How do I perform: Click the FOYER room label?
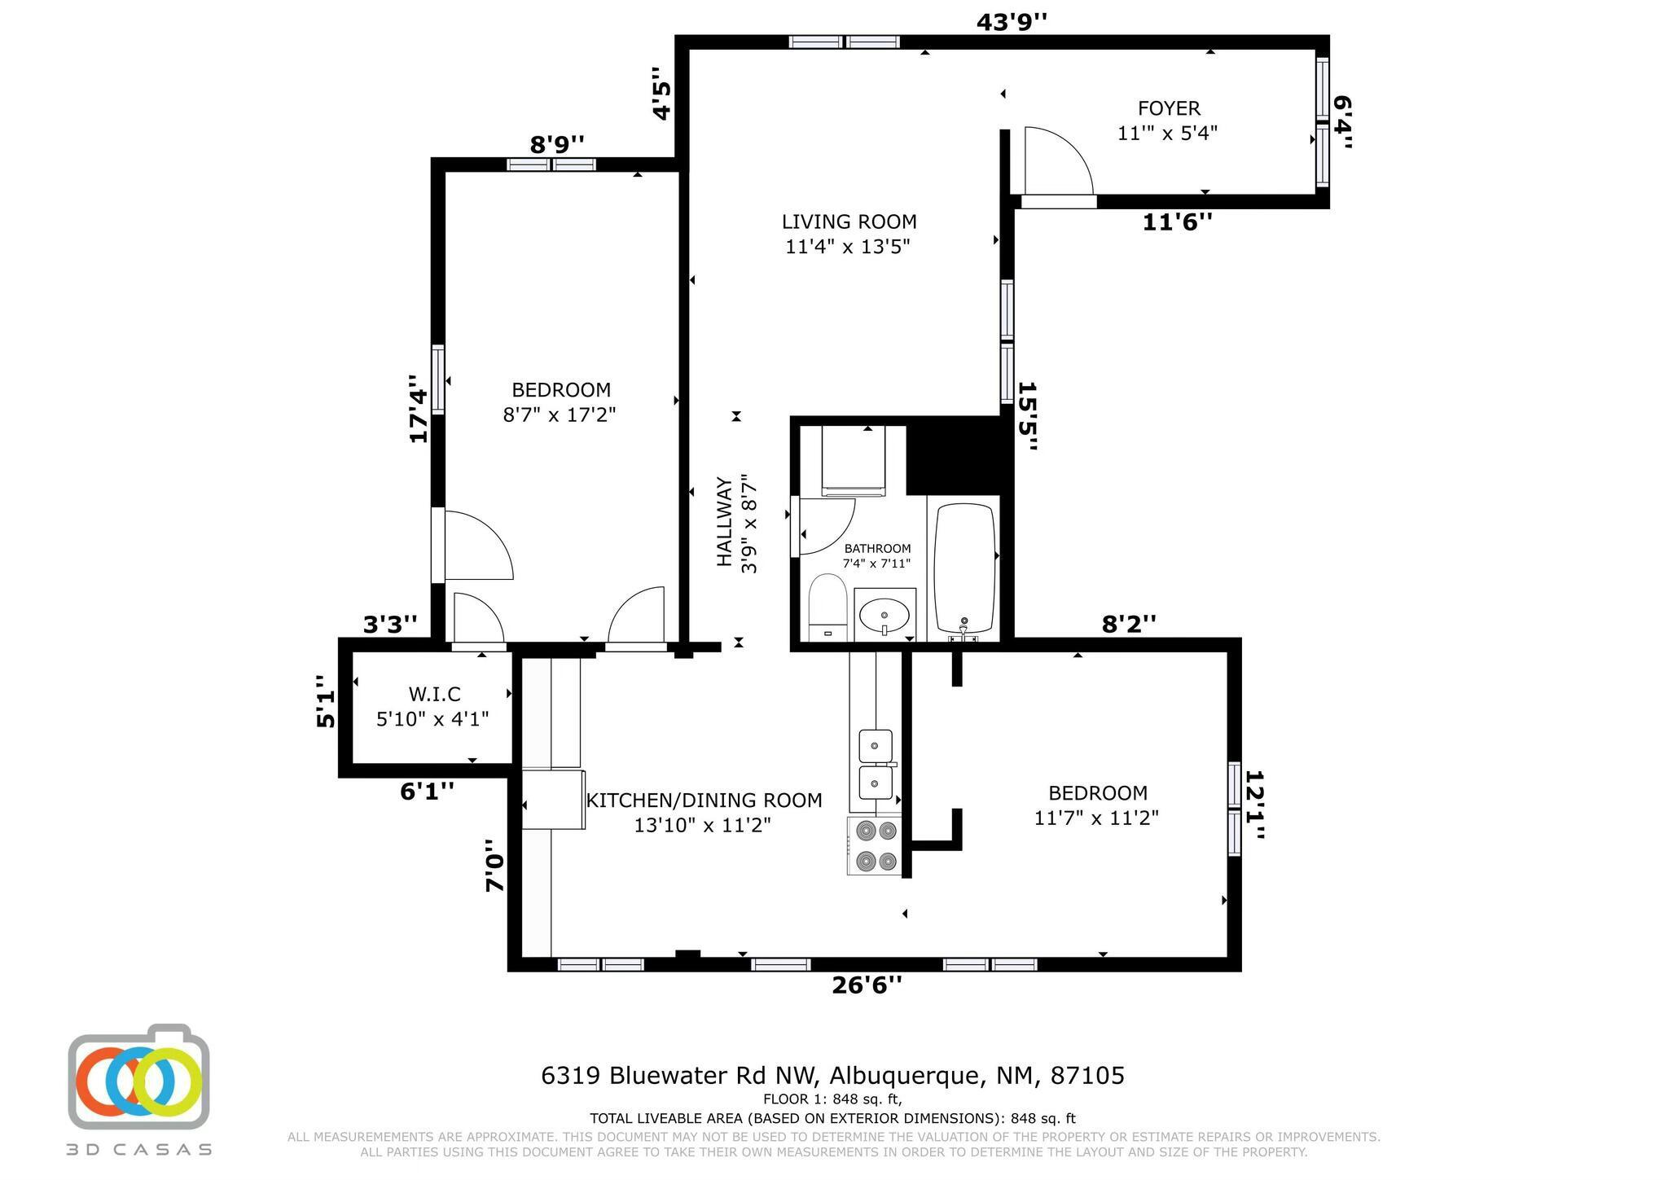pos(1169,108)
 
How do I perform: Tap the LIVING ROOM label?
pos(849,222)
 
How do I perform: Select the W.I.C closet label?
pos(434,695)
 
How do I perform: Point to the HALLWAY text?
pos(724,521)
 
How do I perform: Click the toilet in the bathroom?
pos(828,608)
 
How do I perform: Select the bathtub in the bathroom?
pos(965,568)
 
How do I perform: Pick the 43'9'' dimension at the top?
pos(1011,22)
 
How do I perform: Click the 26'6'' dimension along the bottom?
pos(867,985)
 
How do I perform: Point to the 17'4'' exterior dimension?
pos(419,409)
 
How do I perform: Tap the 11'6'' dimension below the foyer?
pos(1178,222)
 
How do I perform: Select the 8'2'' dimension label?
pos(1129,624)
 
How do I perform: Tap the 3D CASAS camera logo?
pos(138,1077)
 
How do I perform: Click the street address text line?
pos(832,1076)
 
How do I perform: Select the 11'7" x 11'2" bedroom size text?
pos(1096,818)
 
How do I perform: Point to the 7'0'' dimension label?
pos(495,866)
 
